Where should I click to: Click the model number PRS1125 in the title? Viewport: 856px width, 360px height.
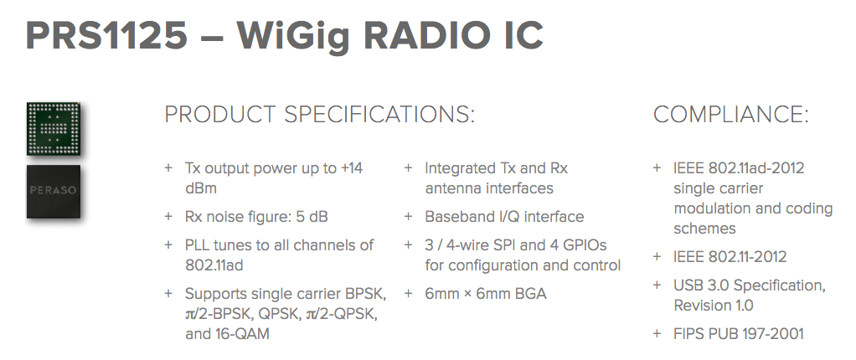coord(106,36)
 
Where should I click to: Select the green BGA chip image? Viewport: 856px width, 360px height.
coord(54,129)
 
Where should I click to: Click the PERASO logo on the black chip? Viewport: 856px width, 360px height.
coord(54,190)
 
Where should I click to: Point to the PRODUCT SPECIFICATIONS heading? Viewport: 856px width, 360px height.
coord(319,115)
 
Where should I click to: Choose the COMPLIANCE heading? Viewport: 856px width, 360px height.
coord(730,115)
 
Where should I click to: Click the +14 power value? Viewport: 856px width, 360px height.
coord(352,168)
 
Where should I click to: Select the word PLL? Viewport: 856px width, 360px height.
coord(198,245)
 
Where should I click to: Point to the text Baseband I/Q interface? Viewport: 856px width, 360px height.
coord(504,217)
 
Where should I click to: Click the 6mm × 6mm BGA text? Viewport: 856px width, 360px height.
coord(486,294)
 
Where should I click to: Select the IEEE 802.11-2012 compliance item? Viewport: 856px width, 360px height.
coord(730,256)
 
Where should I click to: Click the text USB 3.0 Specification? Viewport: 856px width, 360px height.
coord(750,285)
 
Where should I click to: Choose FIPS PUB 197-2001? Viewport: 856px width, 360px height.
coord(739,333)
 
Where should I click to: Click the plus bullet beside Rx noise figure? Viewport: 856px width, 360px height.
coord(168,217)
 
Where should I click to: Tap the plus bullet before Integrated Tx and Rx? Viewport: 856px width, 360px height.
coord(408,168)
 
